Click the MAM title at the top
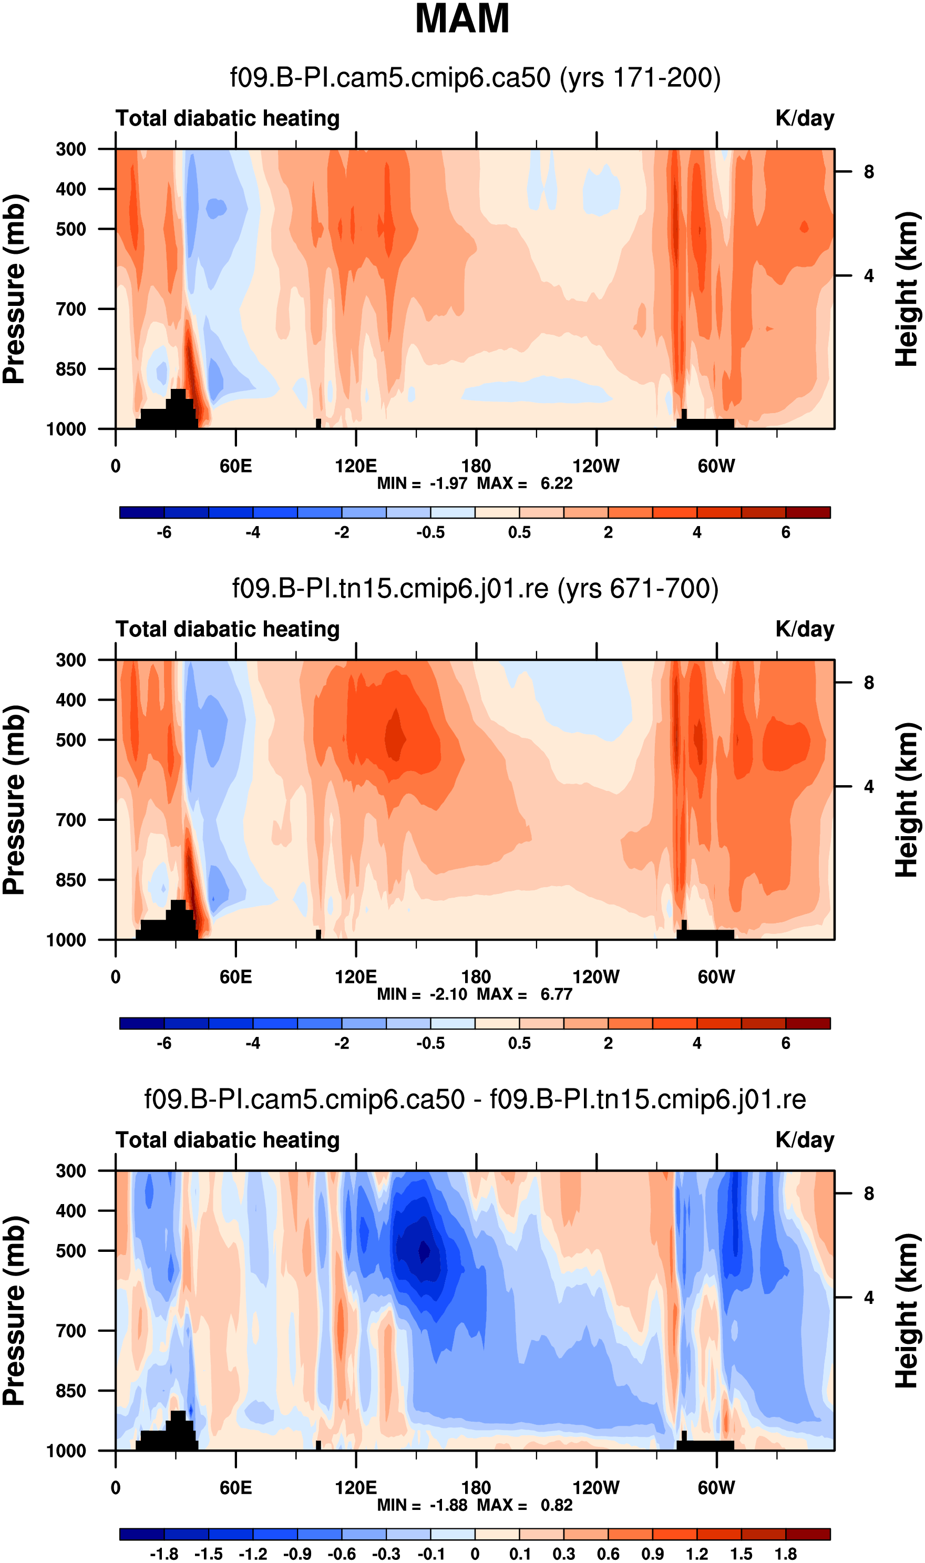click(x=462, y=19)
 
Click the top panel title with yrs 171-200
click(x=475, y=78)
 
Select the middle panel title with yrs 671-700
click(x=475, y=588)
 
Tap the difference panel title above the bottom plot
click(x=475, y=1099)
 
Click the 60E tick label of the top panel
click(x=235, y=466)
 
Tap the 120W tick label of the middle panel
click(x=596, y=976)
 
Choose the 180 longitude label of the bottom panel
click(x=476, y=1488)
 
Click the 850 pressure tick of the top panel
click(x=70, y=369)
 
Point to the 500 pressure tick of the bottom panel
click(x=70, y=1251)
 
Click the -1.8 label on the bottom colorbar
click(x=164, y=1554)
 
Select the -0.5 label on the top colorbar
click(x=431, y=533)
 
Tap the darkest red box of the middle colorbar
click(x=808, y=1023)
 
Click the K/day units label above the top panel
click(x=805, y=118)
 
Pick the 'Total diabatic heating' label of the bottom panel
click(x=228, y=1140)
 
